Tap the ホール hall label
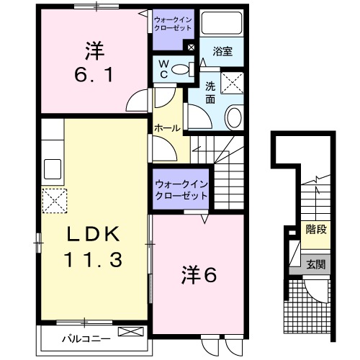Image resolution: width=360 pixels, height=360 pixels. click(x=168, y=127)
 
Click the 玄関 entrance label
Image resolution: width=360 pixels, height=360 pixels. click(x=315, y=265)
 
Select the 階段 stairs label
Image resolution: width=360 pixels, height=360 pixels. click(x=315, y=231)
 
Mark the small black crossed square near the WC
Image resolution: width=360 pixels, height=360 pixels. click(x=190, y=48)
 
